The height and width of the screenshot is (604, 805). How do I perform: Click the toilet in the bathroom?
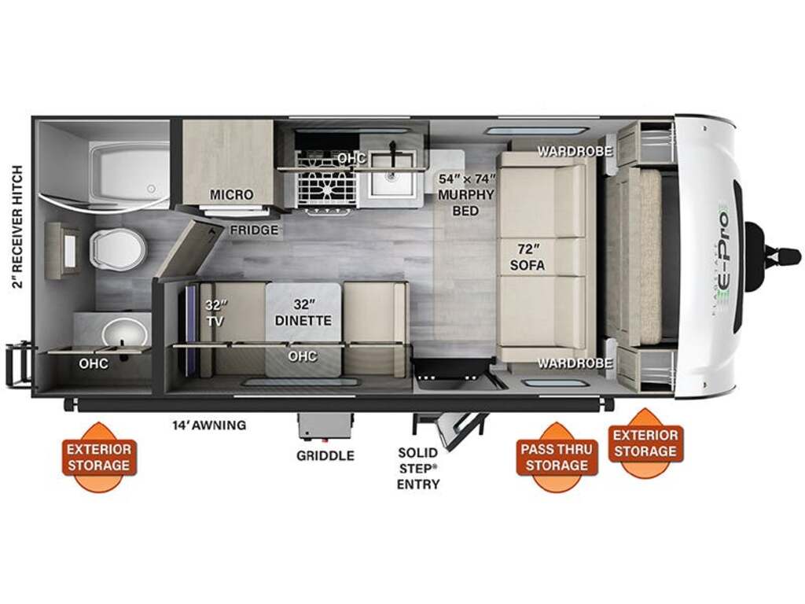click(118, 249)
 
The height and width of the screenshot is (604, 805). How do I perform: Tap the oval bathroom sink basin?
click(125, 332)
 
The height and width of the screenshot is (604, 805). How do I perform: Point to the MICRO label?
click(232, 195)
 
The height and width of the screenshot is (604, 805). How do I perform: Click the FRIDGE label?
click(254, 230)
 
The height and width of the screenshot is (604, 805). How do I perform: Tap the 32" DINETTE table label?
click(303, 312)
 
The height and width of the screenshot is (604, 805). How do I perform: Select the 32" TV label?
click(215, 313)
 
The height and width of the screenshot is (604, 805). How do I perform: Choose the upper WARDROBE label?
click(575, 151)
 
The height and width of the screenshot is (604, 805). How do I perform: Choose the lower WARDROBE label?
click(575, 363)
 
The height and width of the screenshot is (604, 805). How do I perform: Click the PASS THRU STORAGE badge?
click(557, 457)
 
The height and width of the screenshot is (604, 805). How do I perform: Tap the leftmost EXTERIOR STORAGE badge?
click(99, 457)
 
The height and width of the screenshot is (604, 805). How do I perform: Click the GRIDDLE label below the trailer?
click(325, 455)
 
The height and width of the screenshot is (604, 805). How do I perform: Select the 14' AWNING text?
click(209, 425)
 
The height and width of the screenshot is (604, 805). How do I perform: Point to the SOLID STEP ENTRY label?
click(418, 468)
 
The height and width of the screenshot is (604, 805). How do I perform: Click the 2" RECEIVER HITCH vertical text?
click(18, 226)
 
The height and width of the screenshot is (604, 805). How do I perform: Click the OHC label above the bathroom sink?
click(94, 363)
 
